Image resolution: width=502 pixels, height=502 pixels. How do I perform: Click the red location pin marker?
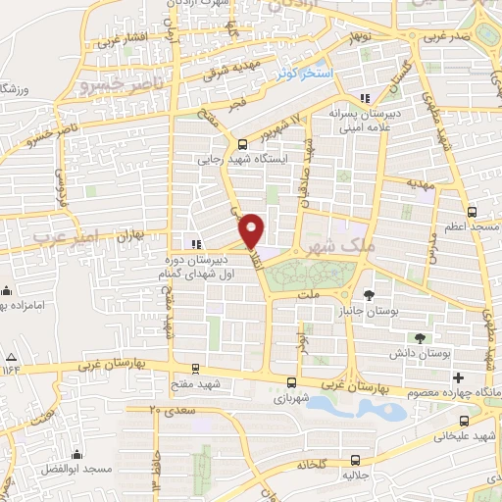coord(253,230)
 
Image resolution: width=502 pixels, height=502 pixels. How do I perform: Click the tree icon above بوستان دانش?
coord(420,337)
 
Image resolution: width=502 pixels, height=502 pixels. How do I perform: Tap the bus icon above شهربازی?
coord(291,382)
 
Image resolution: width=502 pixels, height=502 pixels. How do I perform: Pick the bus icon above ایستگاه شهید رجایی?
coord(242,143)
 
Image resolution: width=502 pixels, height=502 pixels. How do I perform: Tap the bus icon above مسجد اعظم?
coord(473,211)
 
